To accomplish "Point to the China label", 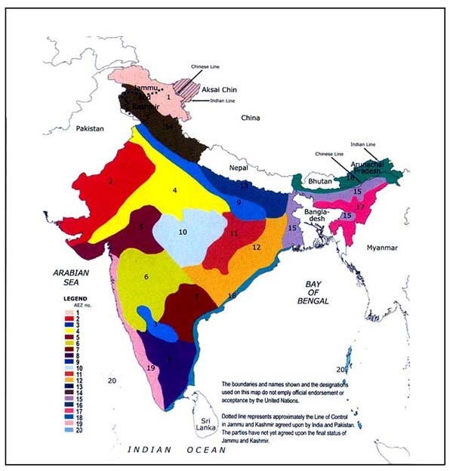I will tap(249, 119).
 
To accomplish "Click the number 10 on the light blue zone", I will tap(183, 232).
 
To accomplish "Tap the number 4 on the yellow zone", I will tap(174, 191).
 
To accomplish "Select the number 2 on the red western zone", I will tap(111, 181).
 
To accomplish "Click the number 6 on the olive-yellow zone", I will tap(146, 278).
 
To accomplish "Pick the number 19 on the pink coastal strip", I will tap(151, 368).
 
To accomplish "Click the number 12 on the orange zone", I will tap(256, 248).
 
